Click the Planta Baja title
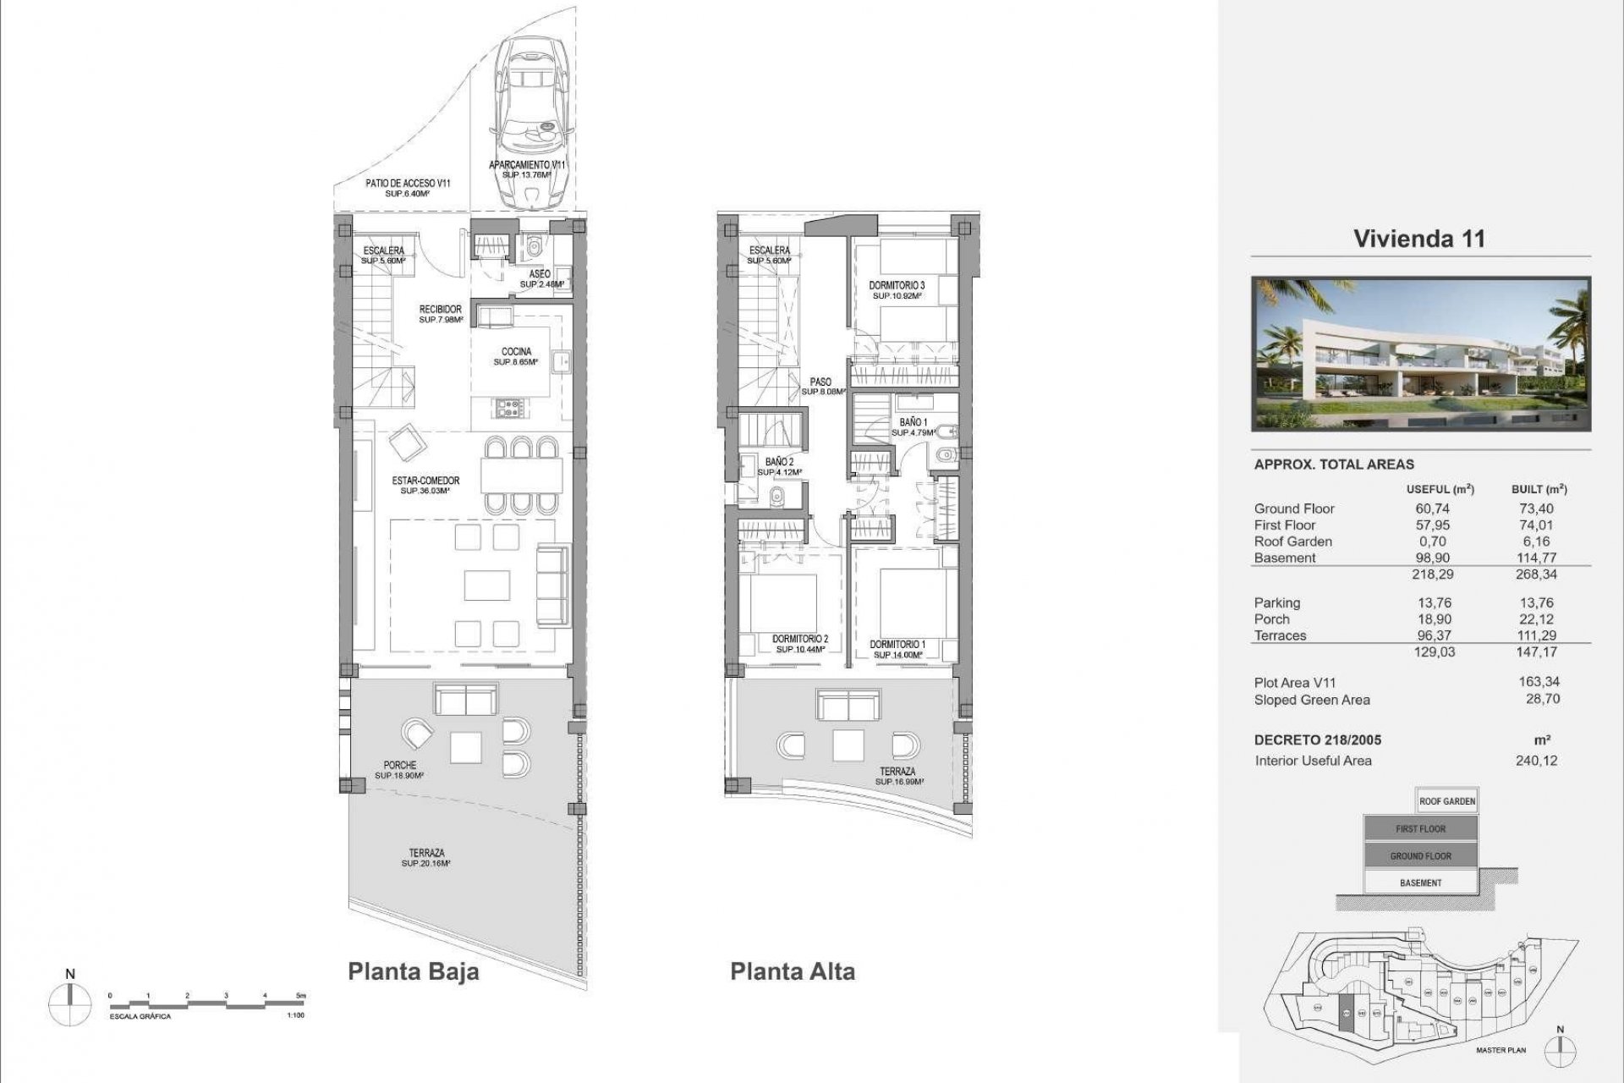(414, 971)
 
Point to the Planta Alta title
(793, 971)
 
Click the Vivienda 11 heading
(1418, 239)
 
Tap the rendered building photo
(1421, 355)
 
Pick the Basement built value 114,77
(1538, 558)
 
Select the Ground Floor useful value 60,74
(1432, 509)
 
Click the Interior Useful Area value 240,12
(1538, 760)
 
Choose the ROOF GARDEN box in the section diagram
(1447, 801)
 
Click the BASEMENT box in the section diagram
(1420, 882)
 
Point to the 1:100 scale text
(296, 1015)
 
